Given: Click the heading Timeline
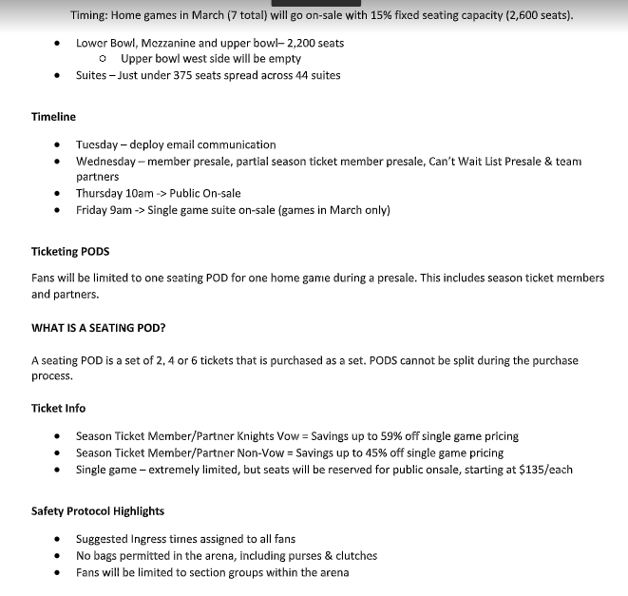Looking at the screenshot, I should click(53, 117).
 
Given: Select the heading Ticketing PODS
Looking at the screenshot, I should click(70, 251).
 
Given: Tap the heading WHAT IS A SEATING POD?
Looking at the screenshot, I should click(99, 328).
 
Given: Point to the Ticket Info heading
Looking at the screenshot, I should click(58, 408).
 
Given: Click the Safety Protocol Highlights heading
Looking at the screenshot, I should click(98, 511).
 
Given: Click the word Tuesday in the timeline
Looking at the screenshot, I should click(98, 144).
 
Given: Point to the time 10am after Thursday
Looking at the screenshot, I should click(139, 193).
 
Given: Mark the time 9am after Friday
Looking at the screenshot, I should click(121, 210).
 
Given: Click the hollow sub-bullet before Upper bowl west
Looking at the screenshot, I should click(103, 59).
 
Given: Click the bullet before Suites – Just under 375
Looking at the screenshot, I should click(59, 75).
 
